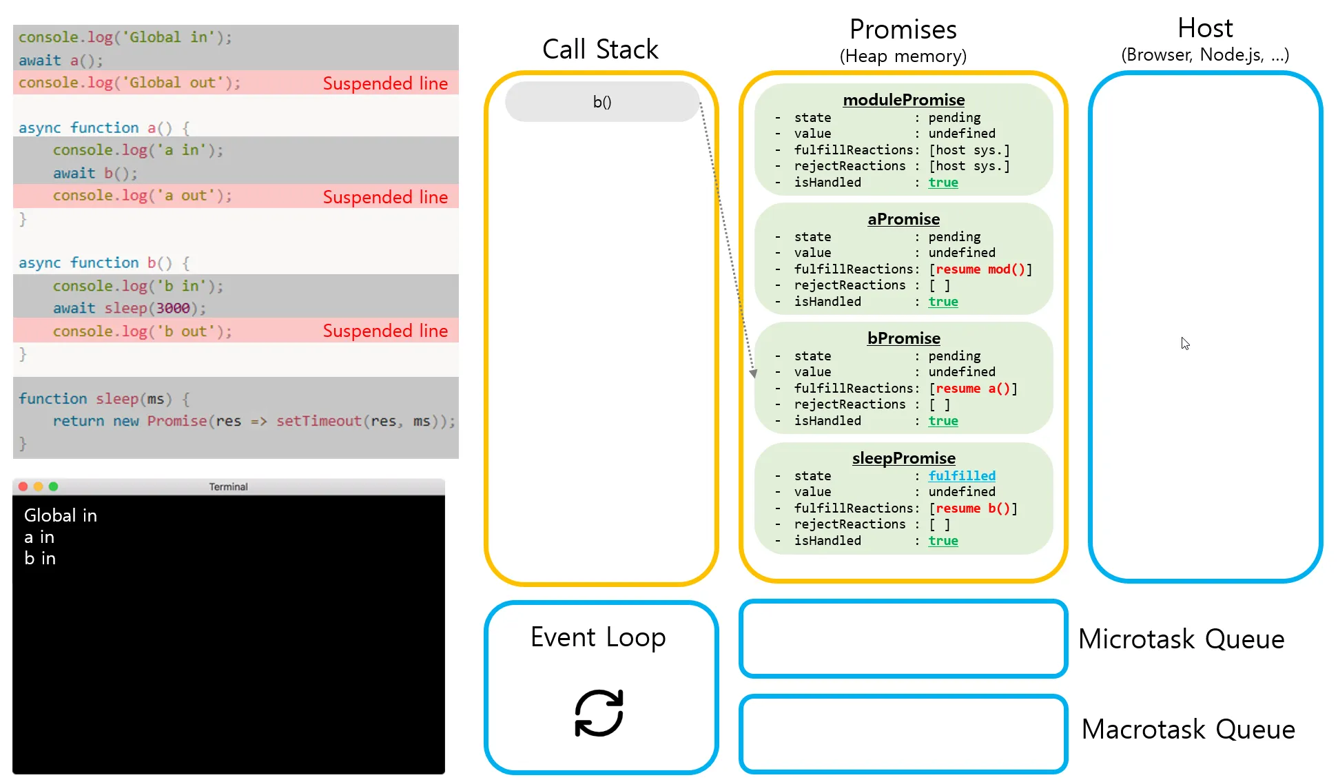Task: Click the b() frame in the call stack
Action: (x=602, y=102)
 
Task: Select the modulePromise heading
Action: (x=903, y=100)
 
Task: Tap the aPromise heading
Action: (x=903, y=219)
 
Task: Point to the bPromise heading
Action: (x=903, y=338)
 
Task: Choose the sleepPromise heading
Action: (x=903, y=458)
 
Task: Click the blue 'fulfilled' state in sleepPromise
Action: (x=962, y=475)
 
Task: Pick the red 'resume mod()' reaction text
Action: (x=980, y=269)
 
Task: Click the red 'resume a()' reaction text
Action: (x=973, y=389)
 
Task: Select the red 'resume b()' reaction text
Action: (x=973, y=508)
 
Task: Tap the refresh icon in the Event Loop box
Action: (x=599, y=713)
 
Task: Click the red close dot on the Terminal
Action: (x=23, y=486)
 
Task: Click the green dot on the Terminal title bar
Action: (x=54, y=486)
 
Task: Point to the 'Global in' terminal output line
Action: (x=61, y=515)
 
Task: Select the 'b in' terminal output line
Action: (x=40, y=558)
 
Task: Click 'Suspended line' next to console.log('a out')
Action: (x=385, y=197)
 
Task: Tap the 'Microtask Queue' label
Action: (x=1181, y=639)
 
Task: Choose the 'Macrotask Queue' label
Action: (x=1188, y=730)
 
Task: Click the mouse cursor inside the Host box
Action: (x=1185, y=343)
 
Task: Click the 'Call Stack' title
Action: (x=600, y=50)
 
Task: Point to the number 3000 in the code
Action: (x=173, y=308)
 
